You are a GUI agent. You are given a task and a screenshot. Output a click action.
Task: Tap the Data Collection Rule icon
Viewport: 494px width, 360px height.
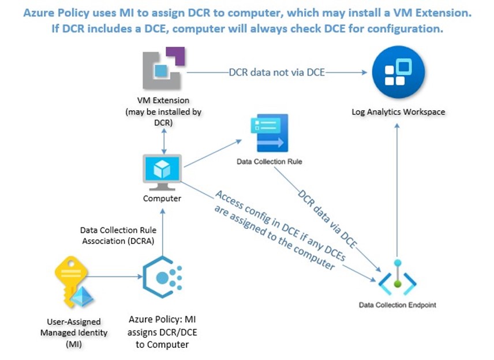[x=268, y=133]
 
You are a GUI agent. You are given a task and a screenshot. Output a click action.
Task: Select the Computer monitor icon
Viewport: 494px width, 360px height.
[x=162, y=172]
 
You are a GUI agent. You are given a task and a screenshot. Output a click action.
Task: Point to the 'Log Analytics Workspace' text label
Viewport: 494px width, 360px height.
[x=398, y=112]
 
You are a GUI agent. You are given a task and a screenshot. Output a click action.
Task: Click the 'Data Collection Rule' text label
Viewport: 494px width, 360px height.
[x=269, y=162]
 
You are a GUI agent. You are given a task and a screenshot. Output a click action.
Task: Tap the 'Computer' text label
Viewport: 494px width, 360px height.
[x=162, y=198]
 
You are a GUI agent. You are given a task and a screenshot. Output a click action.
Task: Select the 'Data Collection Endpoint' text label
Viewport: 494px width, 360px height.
[x=397, y=305]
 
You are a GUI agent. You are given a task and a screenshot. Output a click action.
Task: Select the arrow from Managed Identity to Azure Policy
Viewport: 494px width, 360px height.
[x=115, y=277]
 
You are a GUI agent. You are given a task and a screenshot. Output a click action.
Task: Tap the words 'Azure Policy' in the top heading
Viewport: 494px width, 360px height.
[x=56, y=13]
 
